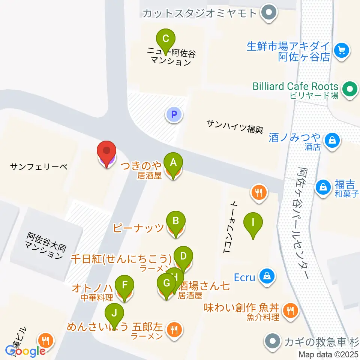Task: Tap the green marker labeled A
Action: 173,163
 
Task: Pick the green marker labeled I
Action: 253,223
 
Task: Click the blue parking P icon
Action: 174,114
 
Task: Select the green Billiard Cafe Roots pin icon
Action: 351,90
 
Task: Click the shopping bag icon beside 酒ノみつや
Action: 333,141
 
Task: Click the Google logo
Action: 25,351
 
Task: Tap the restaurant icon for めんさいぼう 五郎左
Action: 173,329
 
